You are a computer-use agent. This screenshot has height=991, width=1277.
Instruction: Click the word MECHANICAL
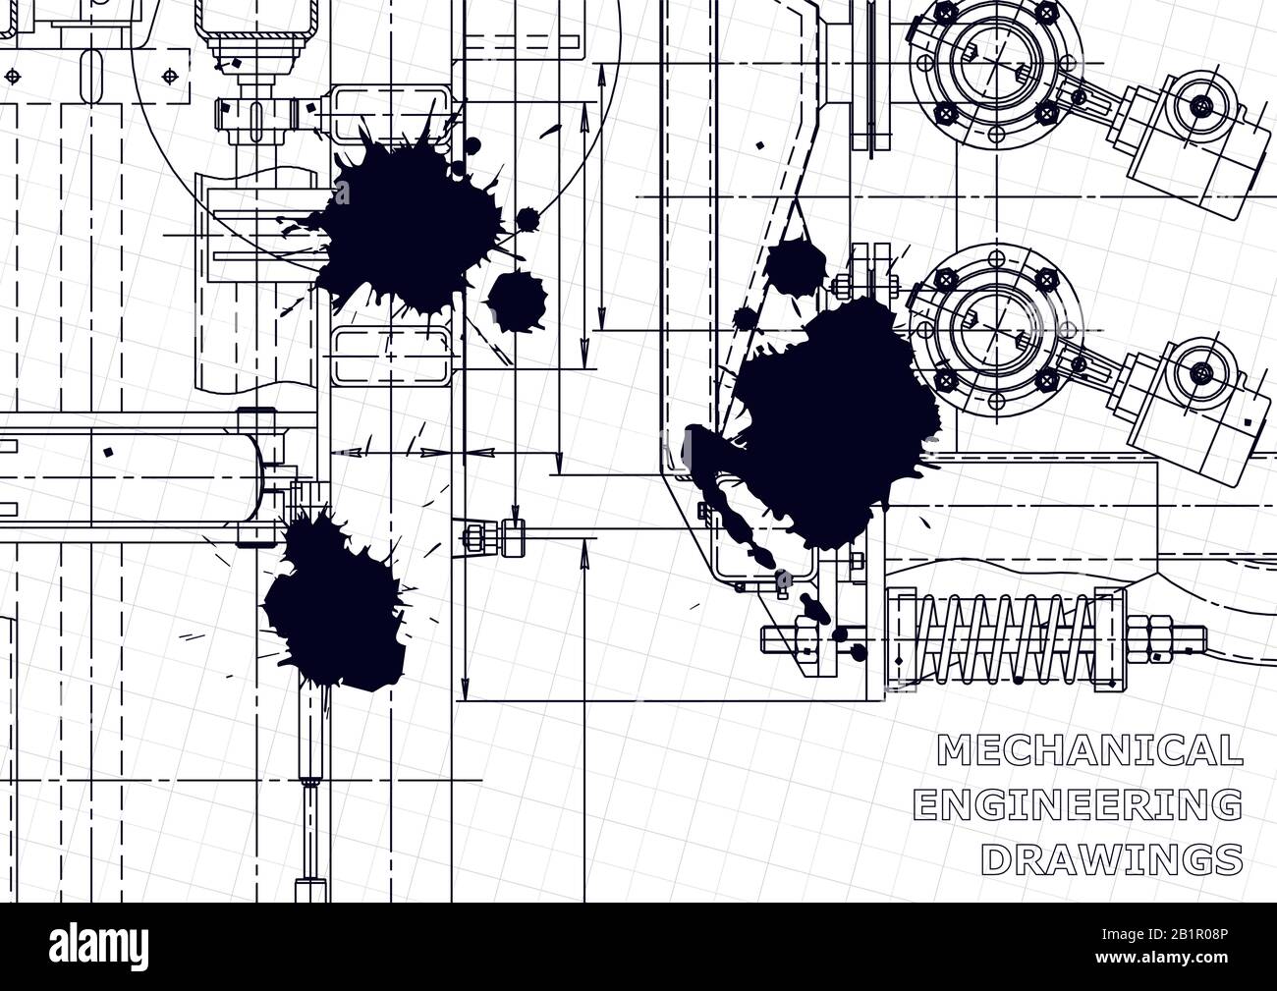[1089, 750]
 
